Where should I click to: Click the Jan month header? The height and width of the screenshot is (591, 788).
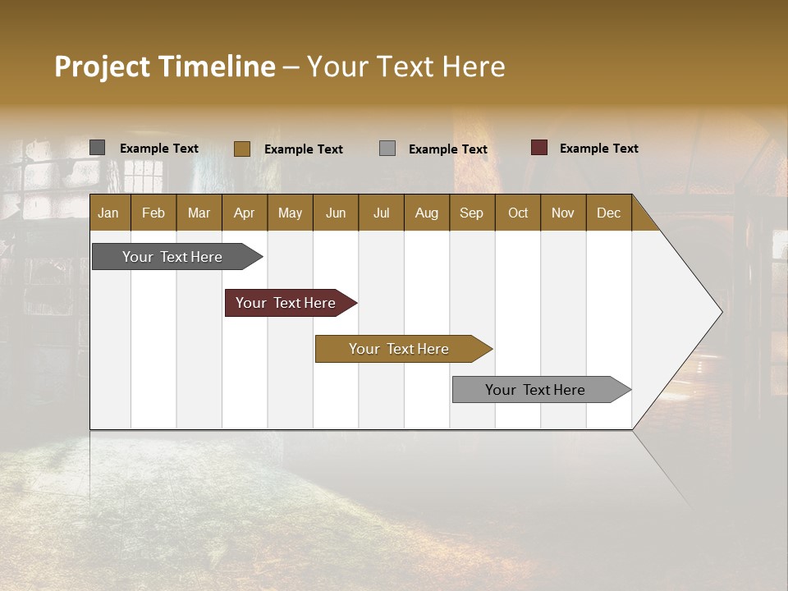point(108,213)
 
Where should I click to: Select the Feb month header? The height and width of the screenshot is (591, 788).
point(153,213)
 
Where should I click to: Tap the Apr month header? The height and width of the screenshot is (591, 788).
point(244,213)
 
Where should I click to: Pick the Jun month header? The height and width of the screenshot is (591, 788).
point(336,213)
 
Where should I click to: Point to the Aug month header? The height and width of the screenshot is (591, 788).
point(426,213)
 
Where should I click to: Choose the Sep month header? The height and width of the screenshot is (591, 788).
point(471,213)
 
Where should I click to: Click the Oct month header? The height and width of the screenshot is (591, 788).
point(518,213)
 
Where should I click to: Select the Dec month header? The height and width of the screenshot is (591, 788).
point(608,213)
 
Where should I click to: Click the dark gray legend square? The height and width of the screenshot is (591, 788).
point(98,148)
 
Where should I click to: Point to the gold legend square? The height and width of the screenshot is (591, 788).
point(242,149)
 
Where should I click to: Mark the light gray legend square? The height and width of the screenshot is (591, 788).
point(387,149)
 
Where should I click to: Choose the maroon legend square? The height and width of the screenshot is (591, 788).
point(539,148)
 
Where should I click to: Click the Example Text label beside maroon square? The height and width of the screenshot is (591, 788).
point(598,149)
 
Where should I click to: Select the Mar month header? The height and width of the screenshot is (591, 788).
point(199,213)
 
